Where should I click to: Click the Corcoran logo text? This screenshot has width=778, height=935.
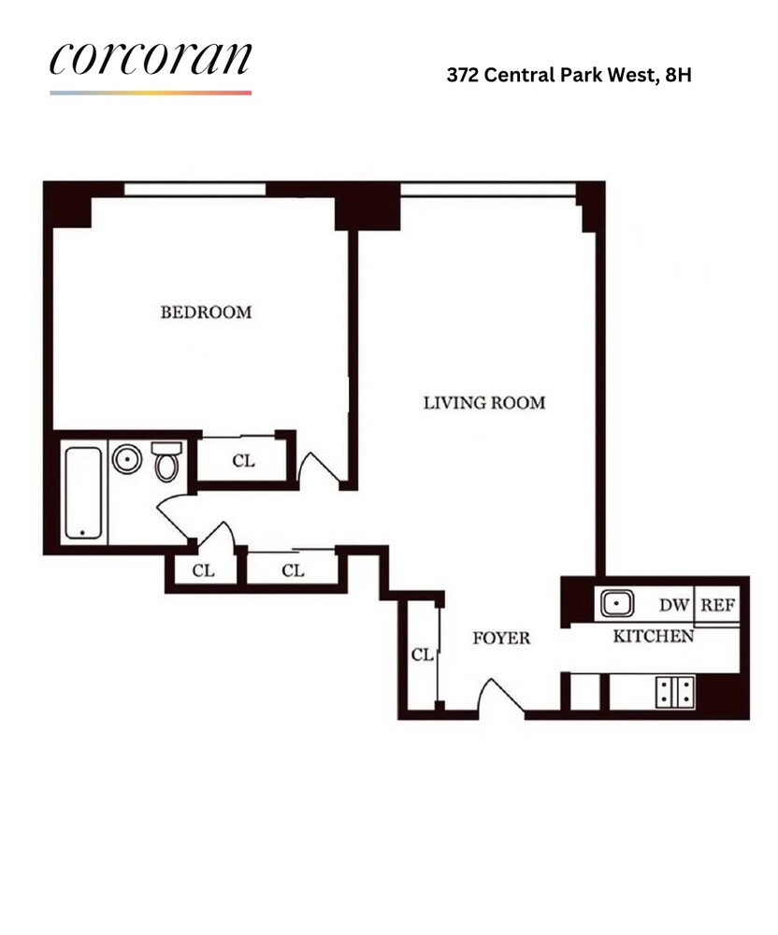151,58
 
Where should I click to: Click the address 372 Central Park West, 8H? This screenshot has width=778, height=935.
569,75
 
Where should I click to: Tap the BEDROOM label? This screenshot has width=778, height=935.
206,312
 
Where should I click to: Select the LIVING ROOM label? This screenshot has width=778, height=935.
484,403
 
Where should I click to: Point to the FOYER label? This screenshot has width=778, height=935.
501,638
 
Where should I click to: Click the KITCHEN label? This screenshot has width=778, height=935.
654,636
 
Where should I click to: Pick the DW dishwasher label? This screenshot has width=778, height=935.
674,605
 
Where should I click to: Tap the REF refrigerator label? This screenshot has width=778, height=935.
718,605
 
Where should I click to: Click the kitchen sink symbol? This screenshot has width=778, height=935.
617,604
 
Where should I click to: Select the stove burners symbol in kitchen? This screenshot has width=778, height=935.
675,692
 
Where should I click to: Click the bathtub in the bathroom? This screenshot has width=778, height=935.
83,493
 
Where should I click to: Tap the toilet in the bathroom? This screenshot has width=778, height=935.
166,461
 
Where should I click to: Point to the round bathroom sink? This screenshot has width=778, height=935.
127,459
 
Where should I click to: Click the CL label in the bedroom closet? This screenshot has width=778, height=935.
243,461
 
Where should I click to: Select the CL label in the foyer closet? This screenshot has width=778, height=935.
422,654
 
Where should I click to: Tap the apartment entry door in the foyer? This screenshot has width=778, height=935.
502,696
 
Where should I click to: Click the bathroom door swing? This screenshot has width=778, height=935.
172,519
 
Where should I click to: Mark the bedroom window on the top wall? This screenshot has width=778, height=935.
194,189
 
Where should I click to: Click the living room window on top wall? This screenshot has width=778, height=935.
488,190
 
